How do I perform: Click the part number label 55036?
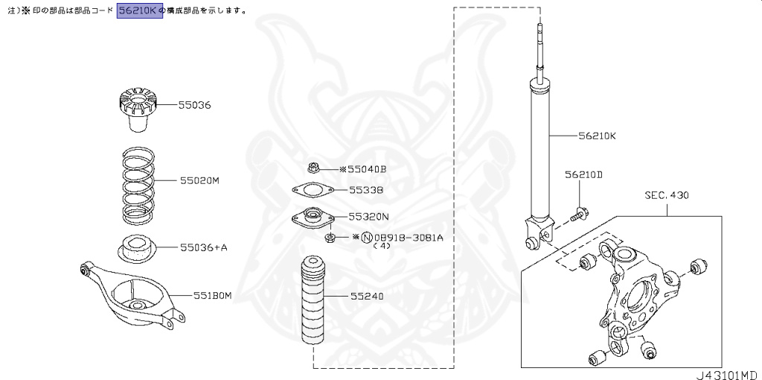point(194,105)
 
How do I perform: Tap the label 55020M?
point(199,181)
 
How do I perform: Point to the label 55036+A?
point(202,247)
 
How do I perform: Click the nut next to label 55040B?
point(313,168)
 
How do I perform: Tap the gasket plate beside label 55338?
point(310,190)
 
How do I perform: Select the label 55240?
point(367,296)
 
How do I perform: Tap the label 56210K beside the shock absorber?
point(597,136)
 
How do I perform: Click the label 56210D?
point(583,175)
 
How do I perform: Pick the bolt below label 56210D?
point(580,215)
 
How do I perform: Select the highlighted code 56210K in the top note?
point(140,11)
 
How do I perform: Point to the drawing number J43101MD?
point(726,373)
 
